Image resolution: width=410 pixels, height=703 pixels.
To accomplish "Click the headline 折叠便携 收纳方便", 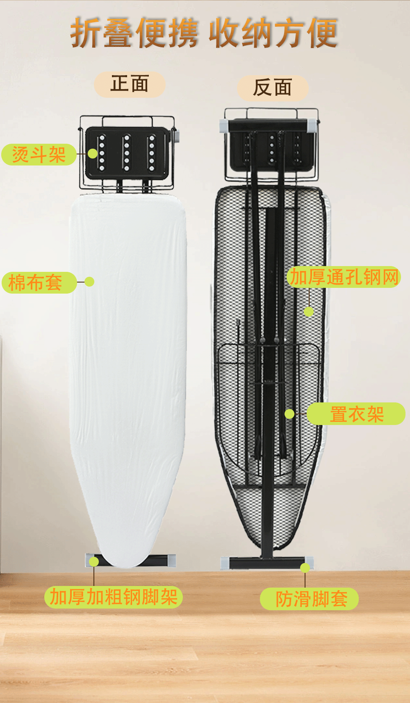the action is tap(204, 32).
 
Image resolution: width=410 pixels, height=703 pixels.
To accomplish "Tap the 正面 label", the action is tap(130, 84).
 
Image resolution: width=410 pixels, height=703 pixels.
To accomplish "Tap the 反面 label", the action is tap(273, 88).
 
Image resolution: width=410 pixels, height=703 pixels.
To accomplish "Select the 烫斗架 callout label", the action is tap(39, 155).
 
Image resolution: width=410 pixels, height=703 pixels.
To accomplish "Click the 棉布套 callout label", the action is tap(39, 283).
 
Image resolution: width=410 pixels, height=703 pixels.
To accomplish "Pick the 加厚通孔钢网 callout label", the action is tap(344, 277).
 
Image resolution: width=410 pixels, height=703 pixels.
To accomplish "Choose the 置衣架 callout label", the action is tap(356, 414).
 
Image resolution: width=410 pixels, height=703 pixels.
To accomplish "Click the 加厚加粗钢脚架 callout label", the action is tap(113, 597).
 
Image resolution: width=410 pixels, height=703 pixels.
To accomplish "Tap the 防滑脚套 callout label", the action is tap(310, 599).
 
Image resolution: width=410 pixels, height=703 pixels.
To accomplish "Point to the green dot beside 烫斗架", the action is tap(93, 154).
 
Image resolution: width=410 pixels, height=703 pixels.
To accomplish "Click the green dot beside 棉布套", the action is tap(89, 281).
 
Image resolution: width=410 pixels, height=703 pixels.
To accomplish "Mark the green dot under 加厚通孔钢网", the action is tap(309, 312).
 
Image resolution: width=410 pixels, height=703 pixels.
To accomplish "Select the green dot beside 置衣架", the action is tap(289, 414).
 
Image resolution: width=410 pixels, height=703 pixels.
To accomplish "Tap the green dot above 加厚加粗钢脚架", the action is tap(94, 562).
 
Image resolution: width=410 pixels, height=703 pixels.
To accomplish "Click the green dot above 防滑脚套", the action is tap(305, 568).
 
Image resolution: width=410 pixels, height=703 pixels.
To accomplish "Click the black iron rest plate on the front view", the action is tap(126, 153).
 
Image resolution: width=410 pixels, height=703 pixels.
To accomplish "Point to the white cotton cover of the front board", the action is tap(127, 370).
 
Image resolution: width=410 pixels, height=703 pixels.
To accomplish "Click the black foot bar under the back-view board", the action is tap(266, 563).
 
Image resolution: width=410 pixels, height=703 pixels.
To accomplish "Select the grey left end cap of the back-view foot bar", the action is tap(225, 563).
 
